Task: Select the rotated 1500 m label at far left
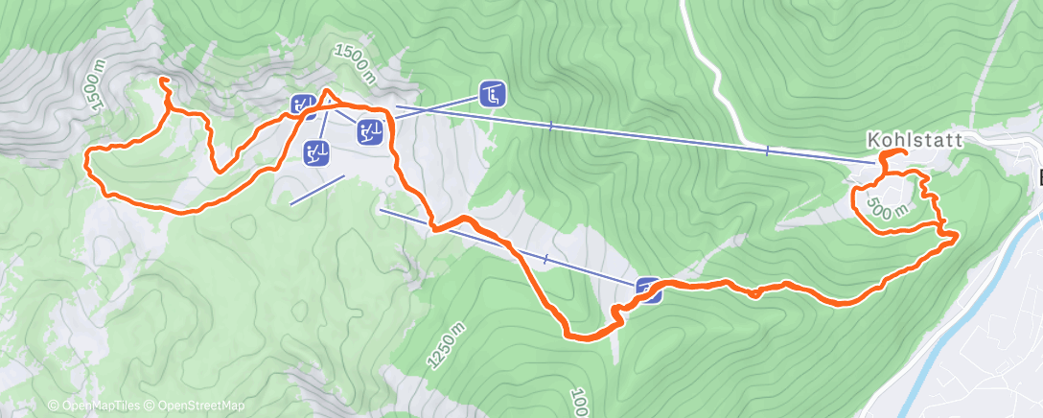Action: [95, 83]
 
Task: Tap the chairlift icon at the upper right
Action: [493, 94]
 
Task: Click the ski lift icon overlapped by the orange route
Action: [304, 105]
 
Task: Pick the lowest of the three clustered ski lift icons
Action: [316, 151]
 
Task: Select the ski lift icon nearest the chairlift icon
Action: [372, 130]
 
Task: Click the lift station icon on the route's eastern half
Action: [648, 289]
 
